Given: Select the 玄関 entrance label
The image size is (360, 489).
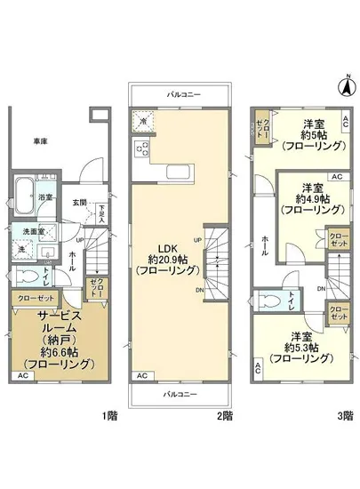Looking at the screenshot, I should pos(81,202).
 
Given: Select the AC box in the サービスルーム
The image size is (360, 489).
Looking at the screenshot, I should pos(23,377).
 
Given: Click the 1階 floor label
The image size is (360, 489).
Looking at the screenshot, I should pos(109,414).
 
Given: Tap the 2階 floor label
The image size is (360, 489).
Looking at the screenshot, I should pos(228,414).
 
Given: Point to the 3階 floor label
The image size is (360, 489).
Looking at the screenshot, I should pos(344,414).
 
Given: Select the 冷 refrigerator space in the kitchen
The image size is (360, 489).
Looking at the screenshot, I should pos(141,121).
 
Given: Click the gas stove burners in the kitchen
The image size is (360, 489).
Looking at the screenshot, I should pos(140,150).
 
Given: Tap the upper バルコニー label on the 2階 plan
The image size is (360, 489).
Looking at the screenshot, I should pos(183,92).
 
